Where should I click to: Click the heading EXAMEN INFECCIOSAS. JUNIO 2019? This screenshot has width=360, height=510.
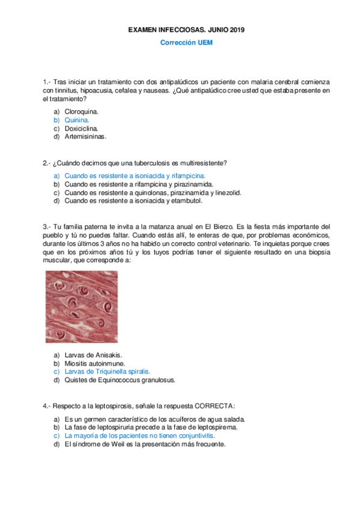tap(186, 29)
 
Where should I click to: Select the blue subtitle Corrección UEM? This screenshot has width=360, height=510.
tap(186, 43)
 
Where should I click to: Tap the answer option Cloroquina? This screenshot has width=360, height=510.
tap(81, 111)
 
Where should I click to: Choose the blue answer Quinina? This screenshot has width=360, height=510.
tap(76, 120)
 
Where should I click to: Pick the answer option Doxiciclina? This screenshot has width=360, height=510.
tap(81, 128)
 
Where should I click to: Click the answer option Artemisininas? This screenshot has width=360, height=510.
tap(85, 137)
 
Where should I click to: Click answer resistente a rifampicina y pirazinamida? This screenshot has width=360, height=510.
tap(139, 184)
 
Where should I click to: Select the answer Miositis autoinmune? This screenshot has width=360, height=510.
tap(94, 363)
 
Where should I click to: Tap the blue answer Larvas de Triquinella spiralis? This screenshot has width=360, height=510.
tap(107, 372)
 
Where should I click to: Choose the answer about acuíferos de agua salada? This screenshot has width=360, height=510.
tap(154, 419)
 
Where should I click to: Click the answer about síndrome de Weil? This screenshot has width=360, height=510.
tap(144, 444)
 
